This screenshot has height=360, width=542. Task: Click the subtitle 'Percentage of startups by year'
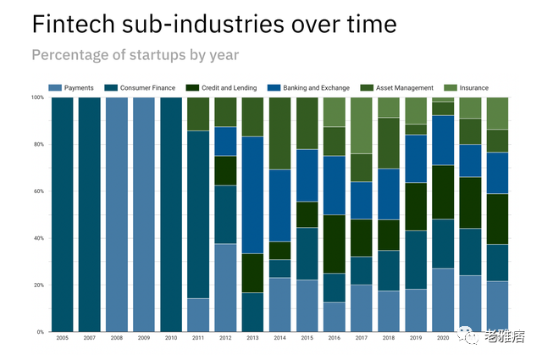tap(135, 55)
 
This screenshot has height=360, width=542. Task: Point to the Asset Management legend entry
tap(397, 87)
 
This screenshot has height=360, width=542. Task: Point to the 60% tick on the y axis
tap(38, 191)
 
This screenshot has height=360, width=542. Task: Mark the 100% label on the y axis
tap(36, 97)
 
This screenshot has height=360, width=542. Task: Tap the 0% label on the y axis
tap(40, 332)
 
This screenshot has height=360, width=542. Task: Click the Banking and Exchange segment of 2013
tap(252, 195)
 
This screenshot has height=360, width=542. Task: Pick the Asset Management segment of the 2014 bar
tap(279, 133)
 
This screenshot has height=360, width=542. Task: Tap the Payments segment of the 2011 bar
tap(198, 315)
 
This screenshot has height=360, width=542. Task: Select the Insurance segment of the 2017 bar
tap(361, 125)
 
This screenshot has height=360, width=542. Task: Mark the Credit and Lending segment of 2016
tap(334, 244)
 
